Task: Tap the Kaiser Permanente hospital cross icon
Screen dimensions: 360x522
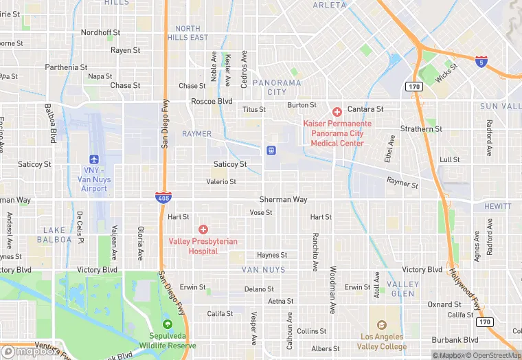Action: coord(337,111)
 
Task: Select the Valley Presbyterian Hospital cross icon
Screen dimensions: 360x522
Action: coord(203,229)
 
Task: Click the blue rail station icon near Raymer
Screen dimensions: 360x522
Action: coord(272,150)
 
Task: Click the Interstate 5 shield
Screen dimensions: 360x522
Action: coord(482,62)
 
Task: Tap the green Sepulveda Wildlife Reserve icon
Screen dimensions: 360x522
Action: coord(167,324)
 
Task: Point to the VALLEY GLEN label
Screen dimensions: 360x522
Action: coord(402,289)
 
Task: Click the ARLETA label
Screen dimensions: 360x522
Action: coord(330,5)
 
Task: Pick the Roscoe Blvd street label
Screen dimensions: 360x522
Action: coord(212,101)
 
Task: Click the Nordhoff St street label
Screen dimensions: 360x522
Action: coord(100,32)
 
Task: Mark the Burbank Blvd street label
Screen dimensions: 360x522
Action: coord(455,340)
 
